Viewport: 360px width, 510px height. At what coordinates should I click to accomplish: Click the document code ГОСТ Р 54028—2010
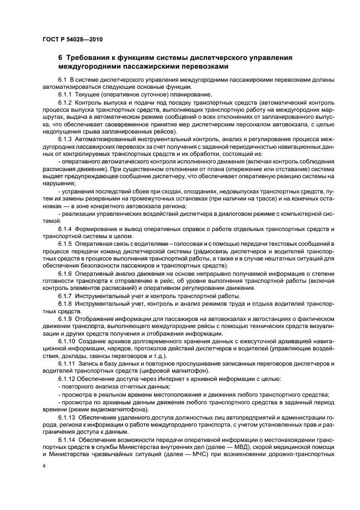pyautogui.click(x=72, y=40)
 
